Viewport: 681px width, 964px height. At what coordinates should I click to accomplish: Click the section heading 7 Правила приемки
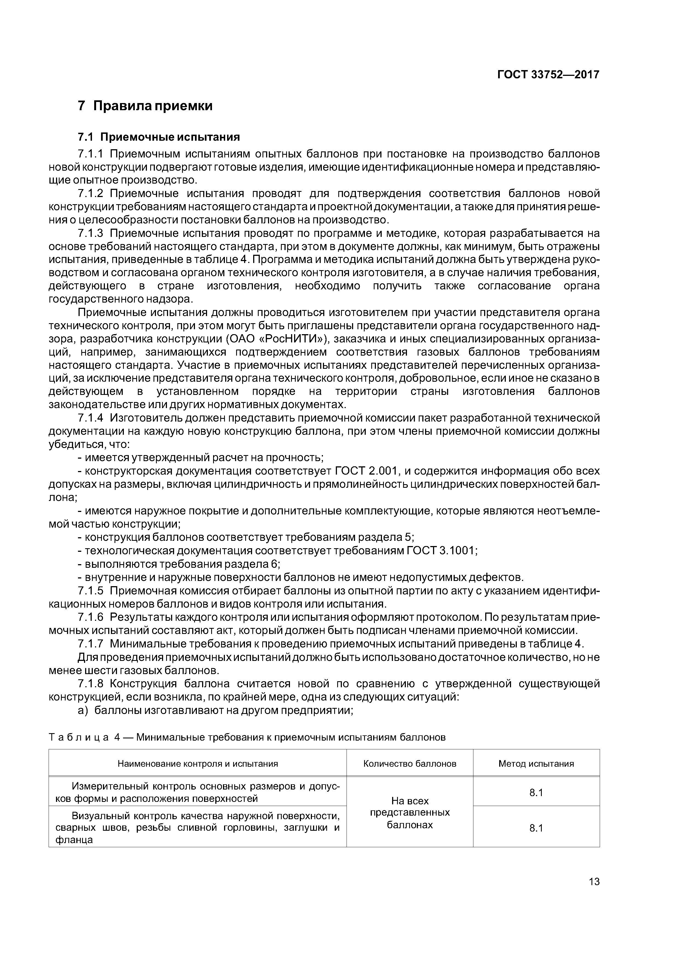145,106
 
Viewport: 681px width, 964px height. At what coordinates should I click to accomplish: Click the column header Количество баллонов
409,764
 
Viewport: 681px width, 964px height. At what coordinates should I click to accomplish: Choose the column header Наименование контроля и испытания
198,764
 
